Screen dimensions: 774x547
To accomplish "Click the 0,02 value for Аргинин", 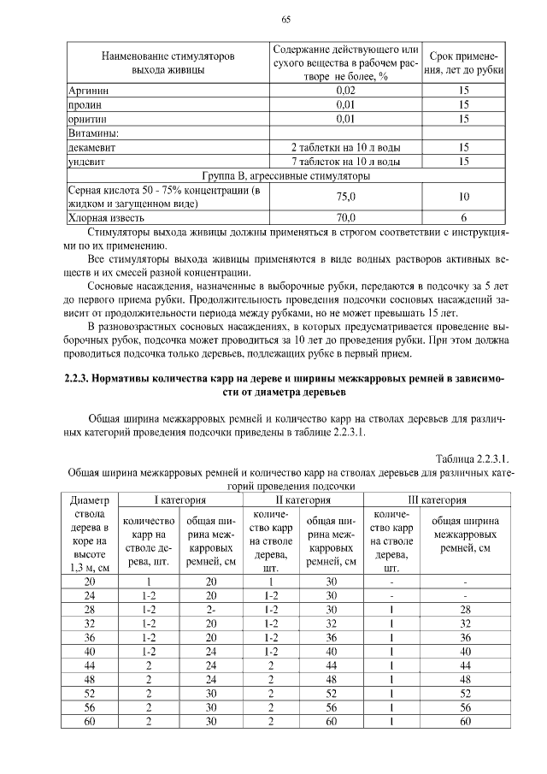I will (345, 89).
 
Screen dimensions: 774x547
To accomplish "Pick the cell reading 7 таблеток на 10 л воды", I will (345, 161).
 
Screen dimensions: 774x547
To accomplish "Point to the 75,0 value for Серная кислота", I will (345, 197).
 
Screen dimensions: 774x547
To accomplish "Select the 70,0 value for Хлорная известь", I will (345, 218).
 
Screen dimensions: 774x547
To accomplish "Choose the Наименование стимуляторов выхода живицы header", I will (168, 62).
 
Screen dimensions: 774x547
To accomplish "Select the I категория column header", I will (178, 499).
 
